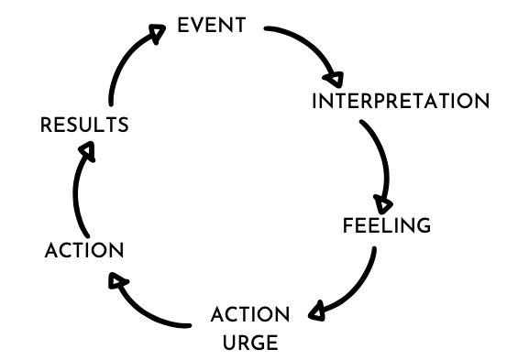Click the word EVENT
tap(211, 26)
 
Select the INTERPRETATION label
tap(400, 101)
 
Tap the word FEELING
tap(386, 225)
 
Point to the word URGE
tap(249, 344)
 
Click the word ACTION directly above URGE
tap(249, 316)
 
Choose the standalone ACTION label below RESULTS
tap(83, 250)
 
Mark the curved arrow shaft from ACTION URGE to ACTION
tap(147, 308)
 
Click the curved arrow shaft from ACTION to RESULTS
tap(74, 197)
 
